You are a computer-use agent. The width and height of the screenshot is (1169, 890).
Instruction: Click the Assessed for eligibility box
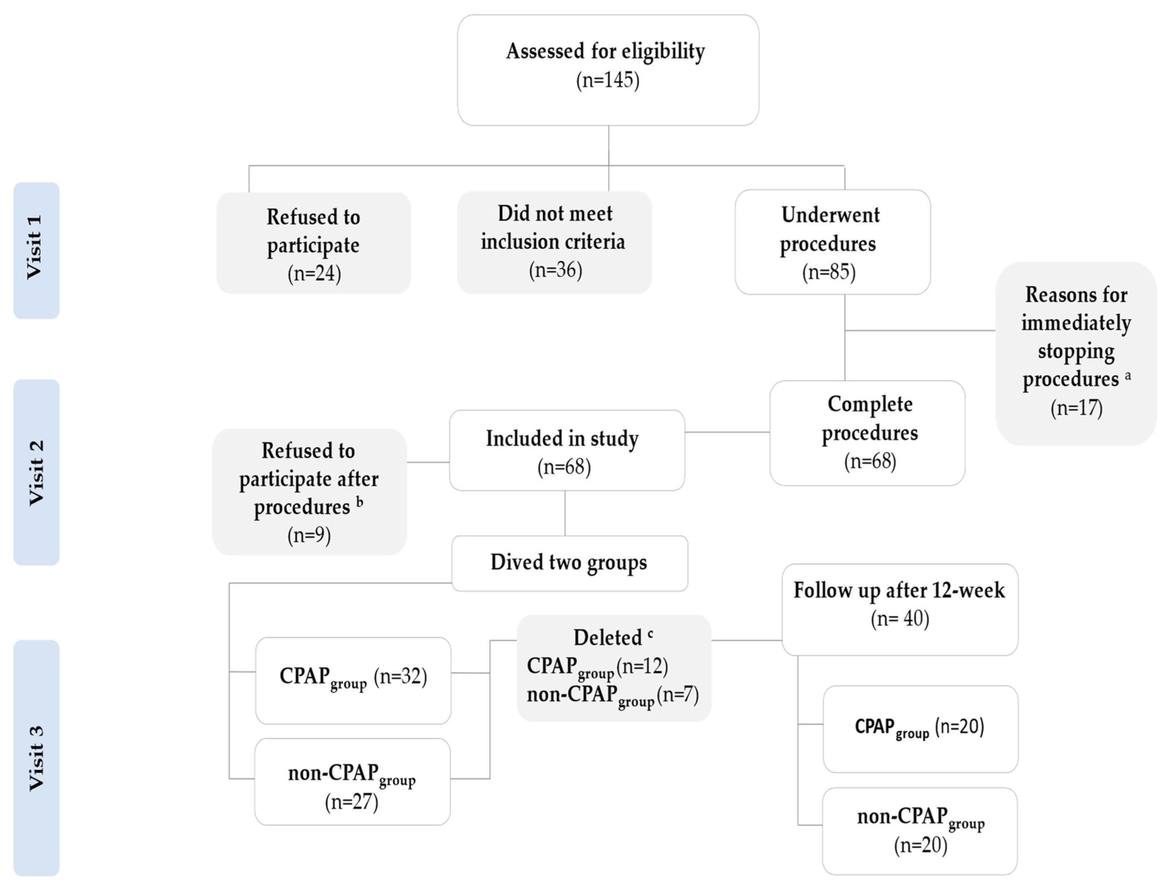(x=608, y=70)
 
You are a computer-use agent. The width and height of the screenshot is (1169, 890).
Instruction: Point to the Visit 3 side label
(x=36, y=758)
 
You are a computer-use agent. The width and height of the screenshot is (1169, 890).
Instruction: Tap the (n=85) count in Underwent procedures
(x=829, y=272)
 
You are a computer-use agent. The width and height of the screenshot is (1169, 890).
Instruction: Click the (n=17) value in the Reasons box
(x=1076, y=408)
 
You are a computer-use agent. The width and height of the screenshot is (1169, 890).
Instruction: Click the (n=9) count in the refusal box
(x=309, y=535)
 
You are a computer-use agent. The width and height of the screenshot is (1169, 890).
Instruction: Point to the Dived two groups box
(x=569, y=563)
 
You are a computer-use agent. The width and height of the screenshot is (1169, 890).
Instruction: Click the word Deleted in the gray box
(x=608, y=637)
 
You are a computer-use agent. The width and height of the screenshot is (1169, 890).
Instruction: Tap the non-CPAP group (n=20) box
(x=920, y=830)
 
